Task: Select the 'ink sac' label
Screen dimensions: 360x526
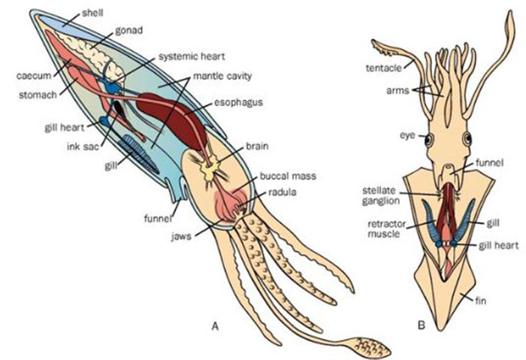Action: coord(77,145)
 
